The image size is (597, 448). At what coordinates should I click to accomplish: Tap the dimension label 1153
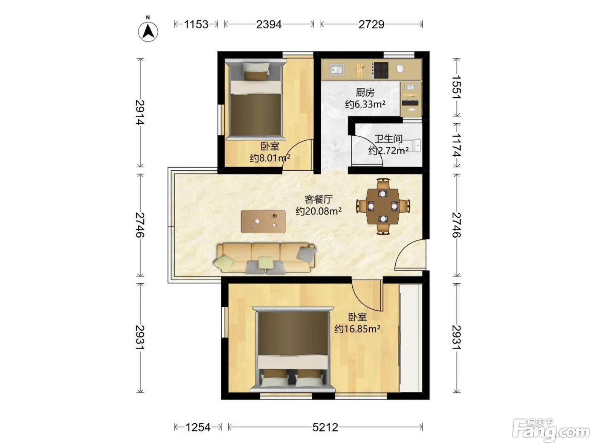tap(196, 24)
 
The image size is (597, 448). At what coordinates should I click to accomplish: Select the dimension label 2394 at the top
tap(269, 24)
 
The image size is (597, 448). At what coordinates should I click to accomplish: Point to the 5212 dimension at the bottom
tap(325, 428)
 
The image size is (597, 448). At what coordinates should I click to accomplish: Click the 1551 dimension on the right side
tap(457, 87)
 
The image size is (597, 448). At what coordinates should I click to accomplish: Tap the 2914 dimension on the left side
tap(140, 112)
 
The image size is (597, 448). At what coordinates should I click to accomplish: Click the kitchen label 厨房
tap(365, 93)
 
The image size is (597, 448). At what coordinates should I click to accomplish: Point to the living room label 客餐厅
tap(319, 199)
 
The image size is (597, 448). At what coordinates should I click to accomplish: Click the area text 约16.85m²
tap(357, 329)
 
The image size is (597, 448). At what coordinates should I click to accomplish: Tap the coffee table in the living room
tap(263, 221)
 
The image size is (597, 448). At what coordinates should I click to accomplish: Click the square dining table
tap(383, 207)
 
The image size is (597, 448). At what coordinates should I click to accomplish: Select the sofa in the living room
tap(266, 258)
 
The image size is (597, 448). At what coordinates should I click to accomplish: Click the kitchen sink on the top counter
tap(336, 70)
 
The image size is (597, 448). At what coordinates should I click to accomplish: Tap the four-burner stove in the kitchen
tap(381, 70)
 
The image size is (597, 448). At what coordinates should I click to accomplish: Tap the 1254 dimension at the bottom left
tap(198, 428)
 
